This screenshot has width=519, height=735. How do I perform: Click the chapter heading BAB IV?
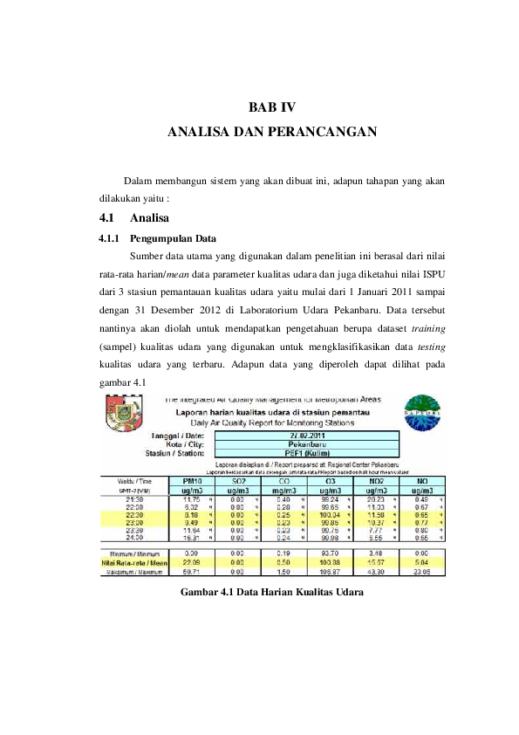coord(272,108)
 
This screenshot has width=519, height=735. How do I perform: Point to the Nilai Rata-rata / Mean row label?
coord(135,562)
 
